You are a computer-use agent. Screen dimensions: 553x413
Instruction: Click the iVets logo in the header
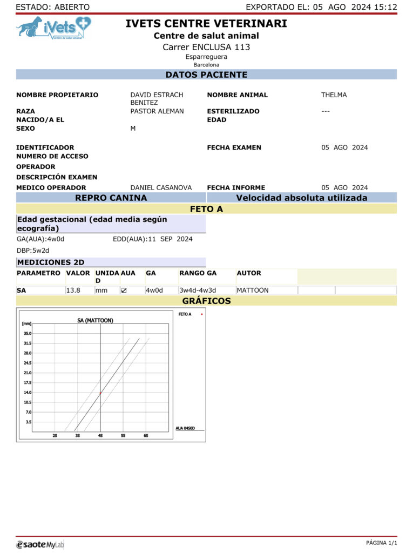click(x=53, y=28)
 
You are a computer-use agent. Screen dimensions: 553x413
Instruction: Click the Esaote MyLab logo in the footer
click(x=40, y=544)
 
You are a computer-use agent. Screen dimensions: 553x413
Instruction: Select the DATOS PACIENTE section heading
click(x=206, y=75)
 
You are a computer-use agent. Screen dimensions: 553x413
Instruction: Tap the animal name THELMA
click(x=334, y=95)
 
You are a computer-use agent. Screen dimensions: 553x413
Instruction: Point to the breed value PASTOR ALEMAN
click(x=157, y=111)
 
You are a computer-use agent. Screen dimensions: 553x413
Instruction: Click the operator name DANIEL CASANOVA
click(x=161, y=187)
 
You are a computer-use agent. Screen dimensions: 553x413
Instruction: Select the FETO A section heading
click(x=206, y=209)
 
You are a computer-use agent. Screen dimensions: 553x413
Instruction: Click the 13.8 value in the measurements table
click(x=73, y=290)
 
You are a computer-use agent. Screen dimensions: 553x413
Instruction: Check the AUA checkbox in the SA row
click(x=124, y=291)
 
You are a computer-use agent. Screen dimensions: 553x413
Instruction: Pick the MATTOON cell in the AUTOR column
click(x=253, y=290)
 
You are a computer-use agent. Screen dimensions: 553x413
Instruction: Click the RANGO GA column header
click(x=198, y=273)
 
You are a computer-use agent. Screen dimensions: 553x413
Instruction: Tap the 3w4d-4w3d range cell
click(x=198, y=290)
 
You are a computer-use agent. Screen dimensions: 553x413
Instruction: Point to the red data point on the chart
click(x=100, y=393)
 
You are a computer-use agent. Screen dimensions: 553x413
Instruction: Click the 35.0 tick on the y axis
click(x=27, y=333)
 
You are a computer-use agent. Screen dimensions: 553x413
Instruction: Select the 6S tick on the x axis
click(x=146, y=435)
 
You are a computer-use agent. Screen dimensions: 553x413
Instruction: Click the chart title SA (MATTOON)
click(x=95, y=320)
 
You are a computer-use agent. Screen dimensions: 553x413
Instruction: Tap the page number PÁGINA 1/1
click(x=381, y=543)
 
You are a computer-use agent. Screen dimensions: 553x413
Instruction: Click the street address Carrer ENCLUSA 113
click(x=206, y=47)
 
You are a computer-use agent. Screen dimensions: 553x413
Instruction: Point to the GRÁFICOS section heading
click(x=206, y=301)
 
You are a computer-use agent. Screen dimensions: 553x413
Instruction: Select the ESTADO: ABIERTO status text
click(x=53, y=7)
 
